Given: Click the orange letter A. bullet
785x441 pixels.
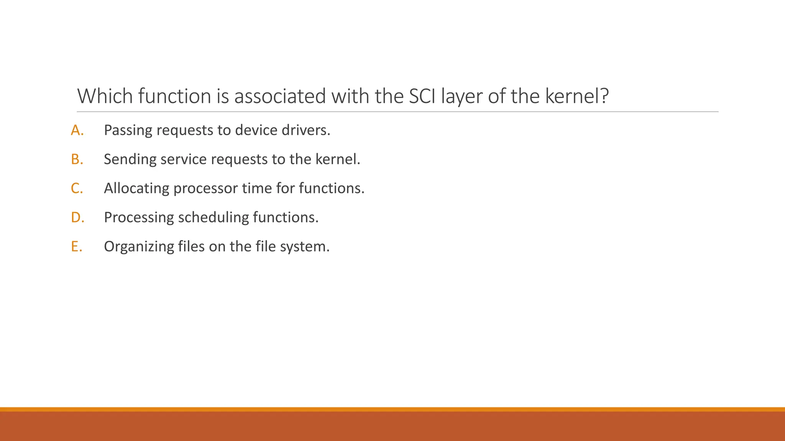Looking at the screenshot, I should click(x=77, y=131).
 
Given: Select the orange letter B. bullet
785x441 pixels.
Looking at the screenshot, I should click(x=77, y=160).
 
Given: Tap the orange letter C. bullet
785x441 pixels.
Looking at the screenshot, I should click(x=77, y=189).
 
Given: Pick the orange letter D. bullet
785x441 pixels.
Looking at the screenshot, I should click(x=77, y=218).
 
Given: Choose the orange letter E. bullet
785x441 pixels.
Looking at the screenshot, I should click(x=76, y=247).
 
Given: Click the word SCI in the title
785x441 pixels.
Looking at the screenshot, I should click(x=422, y=96).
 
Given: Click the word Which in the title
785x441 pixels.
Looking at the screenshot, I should click(x=105, y=96).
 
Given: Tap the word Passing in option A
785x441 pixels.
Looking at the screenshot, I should click(x=128, y=131).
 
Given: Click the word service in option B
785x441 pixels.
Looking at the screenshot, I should click(x=183, y=160).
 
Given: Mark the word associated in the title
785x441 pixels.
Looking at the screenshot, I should click(x=280, y=96).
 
